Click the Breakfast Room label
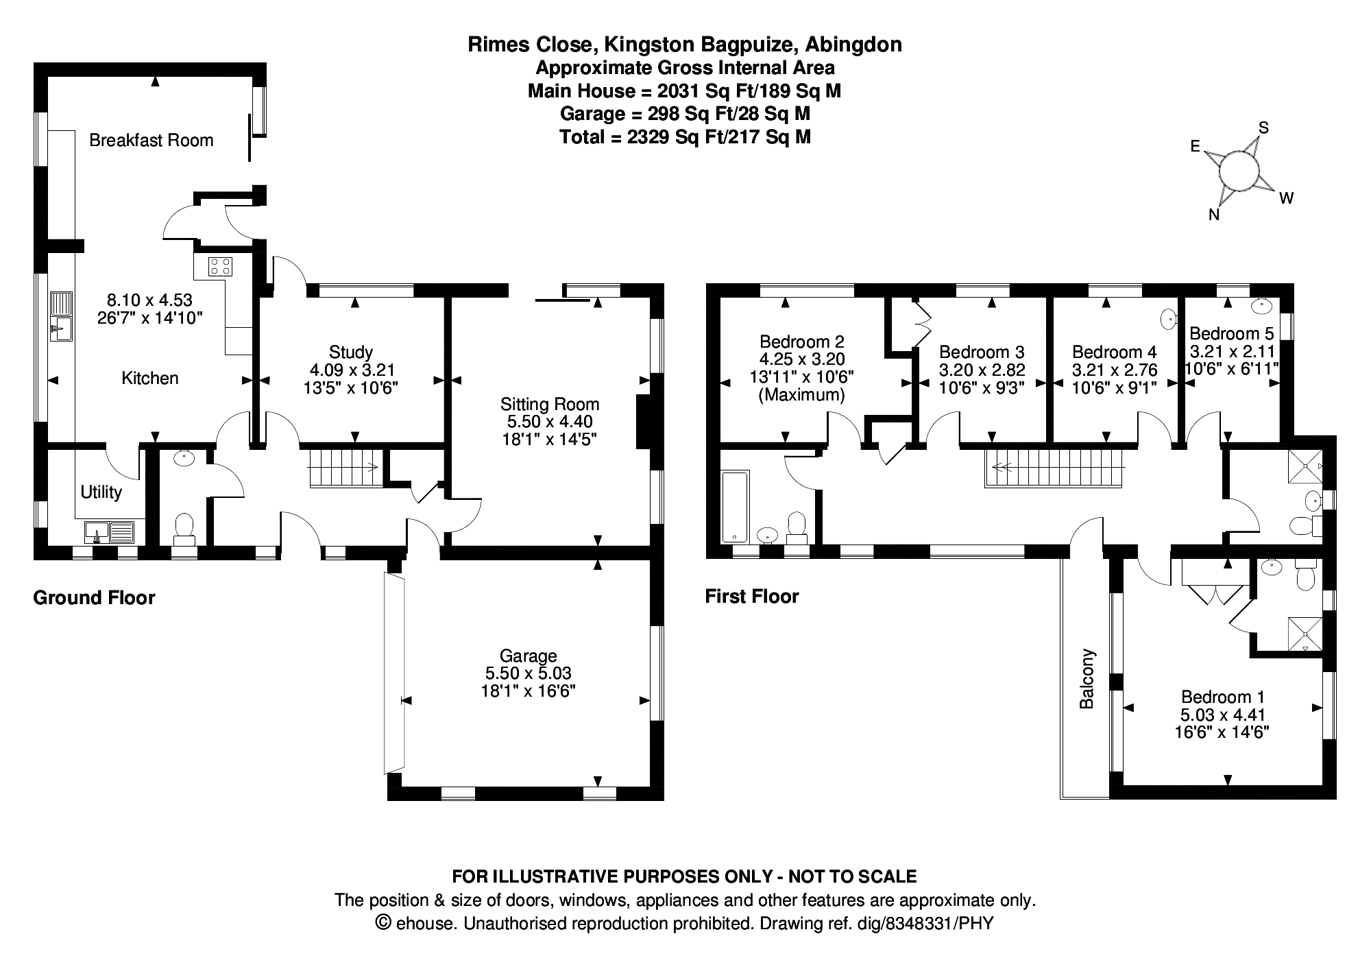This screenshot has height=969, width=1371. (151, 141)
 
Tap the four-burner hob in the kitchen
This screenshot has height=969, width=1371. (220, 265)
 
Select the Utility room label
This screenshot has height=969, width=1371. (101, 492)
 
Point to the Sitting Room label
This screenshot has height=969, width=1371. (550, 404)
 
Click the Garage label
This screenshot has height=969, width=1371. (528, 656)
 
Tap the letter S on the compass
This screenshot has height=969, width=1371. (1264, 128)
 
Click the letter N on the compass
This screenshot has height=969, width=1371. (1213, 215)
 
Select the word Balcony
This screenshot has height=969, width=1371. (1087, 678)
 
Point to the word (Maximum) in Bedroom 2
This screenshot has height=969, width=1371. (802, 395)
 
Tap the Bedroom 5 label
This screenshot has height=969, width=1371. (1231, 333)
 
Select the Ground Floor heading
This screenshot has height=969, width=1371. (94, 598)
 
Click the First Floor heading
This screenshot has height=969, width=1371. (752, 597)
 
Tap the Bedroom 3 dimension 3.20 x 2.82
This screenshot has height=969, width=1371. (982, 370)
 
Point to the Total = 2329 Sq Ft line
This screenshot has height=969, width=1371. (685, 136)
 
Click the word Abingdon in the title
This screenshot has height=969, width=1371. (853, 45)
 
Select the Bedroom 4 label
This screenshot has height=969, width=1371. (1114, 352)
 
